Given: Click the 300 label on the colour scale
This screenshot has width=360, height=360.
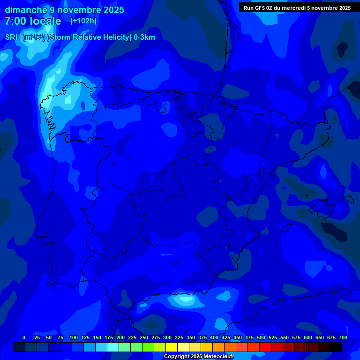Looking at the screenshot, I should [x=167, y=337].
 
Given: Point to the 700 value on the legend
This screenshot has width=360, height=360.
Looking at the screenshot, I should [x=343, y=337].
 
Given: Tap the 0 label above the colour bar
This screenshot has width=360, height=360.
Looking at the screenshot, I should [x=24, y=337].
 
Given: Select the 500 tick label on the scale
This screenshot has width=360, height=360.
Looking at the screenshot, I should [x=261, y=337].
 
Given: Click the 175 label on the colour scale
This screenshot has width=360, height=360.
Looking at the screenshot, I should [x=109, y=337].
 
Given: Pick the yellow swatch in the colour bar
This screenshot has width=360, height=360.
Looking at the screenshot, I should [x=172, y=347].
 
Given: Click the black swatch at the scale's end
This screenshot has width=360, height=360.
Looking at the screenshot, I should [x=336, y=347].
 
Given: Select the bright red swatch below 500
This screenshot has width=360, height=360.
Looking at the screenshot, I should [x=265, y=347].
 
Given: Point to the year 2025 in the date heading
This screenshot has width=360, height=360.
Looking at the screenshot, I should [x=111, y=10].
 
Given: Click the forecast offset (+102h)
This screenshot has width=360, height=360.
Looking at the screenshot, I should [x=83, y=21].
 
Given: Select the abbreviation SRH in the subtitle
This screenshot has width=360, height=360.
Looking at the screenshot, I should [x=13, y=37].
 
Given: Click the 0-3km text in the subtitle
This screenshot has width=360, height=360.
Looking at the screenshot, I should [x=144, y=37].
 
